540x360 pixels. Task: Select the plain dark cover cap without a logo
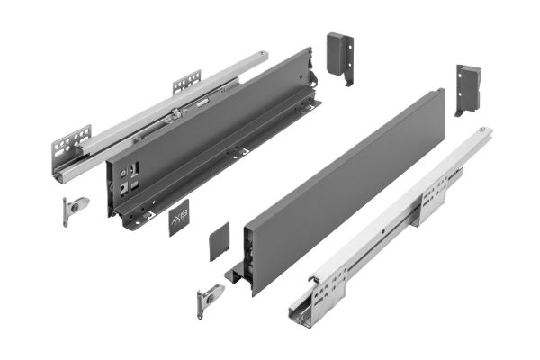220,242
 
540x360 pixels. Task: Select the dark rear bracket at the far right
470,87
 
